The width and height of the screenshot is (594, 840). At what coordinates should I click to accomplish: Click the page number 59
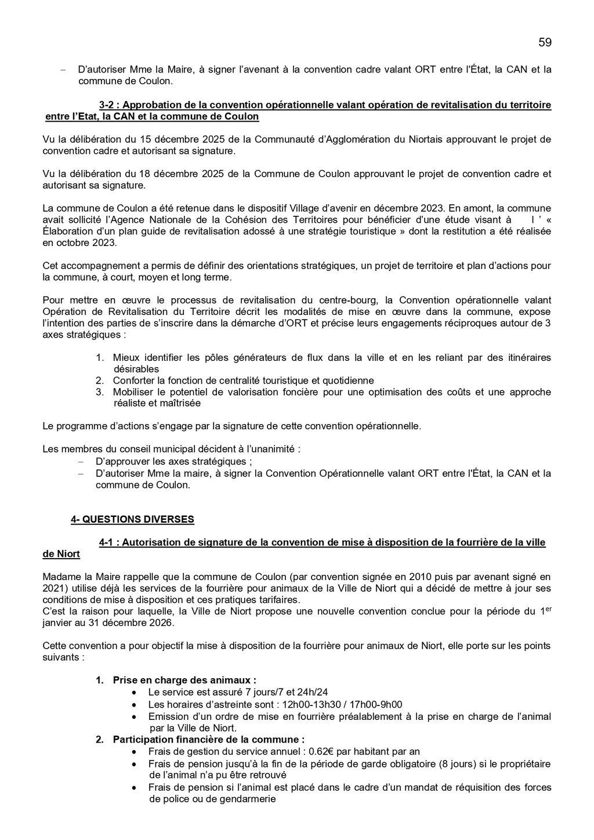point(545,42)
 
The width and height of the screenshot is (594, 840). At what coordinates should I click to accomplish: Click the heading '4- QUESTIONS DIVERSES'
point(132,519)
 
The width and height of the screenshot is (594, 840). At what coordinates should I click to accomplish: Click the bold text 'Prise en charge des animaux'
point(184,680)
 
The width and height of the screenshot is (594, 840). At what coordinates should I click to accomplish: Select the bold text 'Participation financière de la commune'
point(208,740)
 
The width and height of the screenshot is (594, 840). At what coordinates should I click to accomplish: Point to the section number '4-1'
point(108,542)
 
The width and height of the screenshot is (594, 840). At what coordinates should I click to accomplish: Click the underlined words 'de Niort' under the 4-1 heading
point(61,554)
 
